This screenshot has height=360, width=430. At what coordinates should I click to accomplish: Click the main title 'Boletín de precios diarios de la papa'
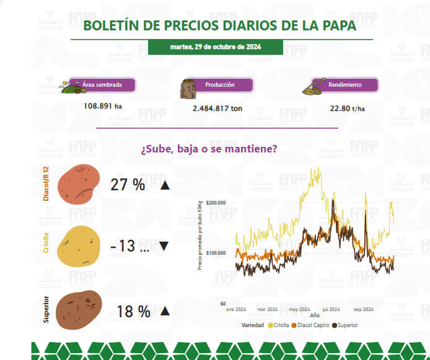point(219,25)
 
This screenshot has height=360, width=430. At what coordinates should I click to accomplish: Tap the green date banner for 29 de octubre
point(215,47)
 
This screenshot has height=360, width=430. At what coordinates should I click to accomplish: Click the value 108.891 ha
point(102,105)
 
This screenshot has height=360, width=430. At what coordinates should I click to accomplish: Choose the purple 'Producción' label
point(219,85)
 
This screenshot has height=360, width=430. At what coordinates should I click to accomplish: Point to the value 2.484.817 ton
point(217,108)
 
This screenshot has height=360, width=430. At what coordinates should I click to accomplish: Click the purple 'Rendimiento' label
point(344,85)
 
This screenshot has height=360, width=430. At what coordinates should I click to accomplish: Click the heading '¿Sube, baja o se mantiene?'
point(209,149)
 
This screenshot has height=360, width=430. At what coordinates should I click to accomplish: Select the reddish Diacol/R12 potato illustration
point(78,184)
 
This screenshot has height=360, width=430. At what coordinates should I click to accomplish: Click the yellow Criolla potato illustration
point(79,244)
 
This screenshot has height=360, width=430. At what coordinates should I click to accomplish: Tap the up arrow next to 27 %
point(164,185)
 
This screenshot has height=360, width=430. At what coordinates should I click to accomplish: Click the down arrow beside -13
point(164,246)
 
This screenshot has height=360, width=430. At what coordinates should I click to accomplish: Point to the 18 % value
point(133,312)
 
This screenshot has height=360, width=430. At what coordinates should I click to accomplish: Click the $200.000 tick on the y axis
point(215,203)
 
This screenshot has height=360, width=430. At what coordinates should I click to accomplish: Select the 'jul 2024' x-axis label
point(330,309)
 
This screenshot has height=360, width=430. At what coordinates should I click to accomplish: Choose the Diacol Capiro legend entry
point(309,325)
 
